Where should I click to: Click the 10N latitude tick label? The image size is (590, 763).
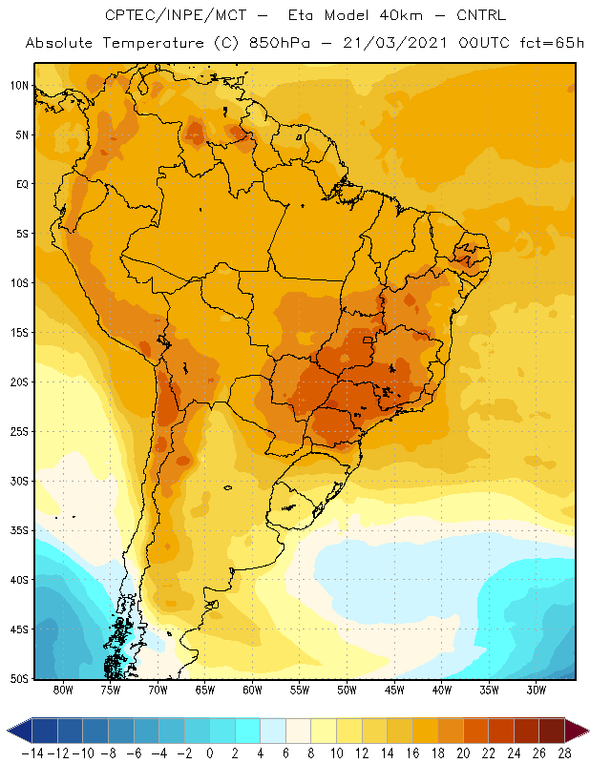[x=19, y=86]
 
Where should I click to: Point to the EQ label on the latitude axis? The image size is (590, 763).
[x=22, y=184]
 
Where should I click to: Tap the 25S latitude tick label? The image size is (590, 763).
[x=19, y=432]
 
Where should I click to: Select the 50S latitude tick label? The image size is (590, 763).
[x=19, y=679]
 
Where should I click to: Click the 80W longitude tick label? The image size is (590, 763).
[x=63, y=690]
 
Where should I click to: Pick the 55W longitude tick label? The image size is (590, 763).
[x=300, y=690]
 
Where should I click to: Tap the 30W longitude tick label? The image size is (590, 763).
[x=537, y=690]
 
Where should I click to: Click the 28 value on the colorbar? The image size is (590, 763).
[x=564, y=753]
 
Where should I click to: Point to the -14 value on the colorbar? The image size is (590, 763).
[x=33, y=753]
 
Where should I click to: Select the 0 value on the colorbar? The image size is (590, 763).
[x=209, y=753]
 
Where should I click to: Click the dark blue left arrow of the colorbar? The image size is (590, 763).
[x=19, y=731]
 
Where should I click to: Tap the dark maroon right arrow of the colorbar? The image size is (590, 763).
[x=577, y=731]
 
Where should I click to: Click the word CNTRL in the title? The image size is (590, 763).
[x=481, y=15]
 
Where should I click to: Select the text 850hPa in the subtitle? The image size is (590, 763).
[x=280, y=43]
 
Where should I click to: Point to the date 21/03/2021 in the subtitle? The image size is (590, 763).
[x=394, y=43]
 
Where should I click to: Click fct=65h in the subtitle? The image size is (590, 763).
[x=552, y=43]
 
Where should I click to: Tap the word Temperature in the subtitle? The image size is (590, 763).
[x=153, y=43]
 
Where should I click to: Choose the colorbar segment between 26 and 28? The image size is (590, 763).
[x=552, y=731]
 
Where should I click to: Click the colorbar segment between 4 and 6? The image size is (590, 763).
[x=273, y=731]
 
